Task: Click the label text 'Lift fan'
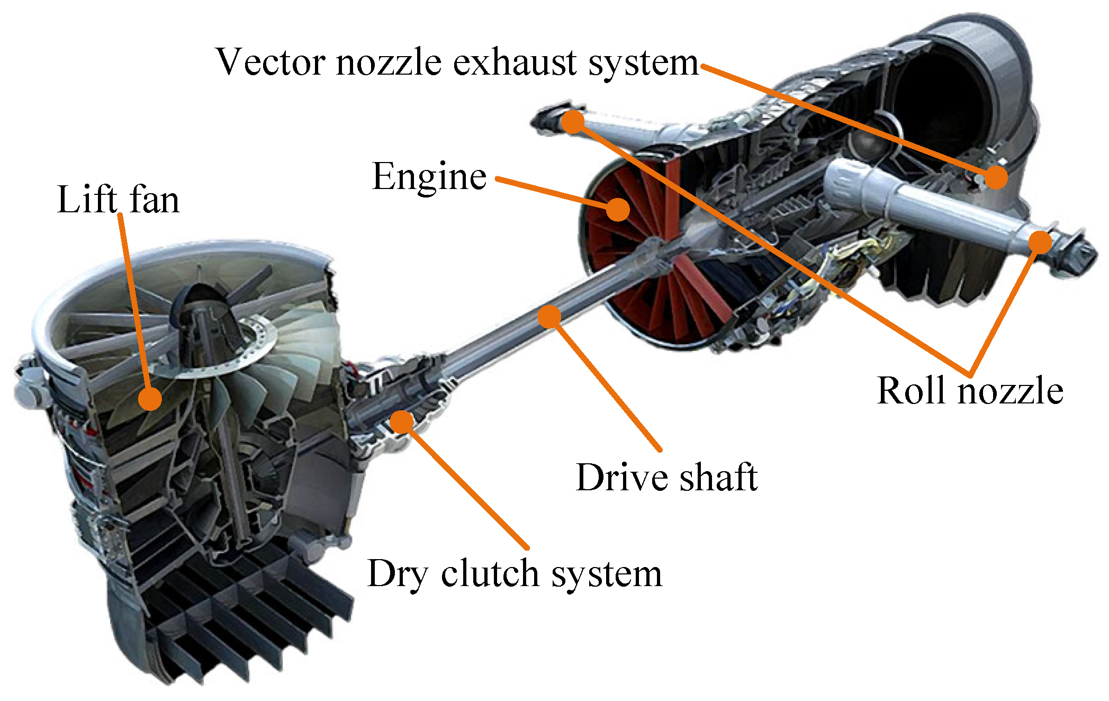pyautogui.click(x=118, y=200)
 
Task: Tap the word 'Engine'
pyautogui.click(x=429, y=177)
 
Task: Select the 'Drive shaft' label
pyautogui.click(x=666, y=478)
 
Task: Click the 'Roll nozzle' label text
pyautogui.click(x=970, y=391)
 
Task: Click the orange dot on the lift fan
pyautogui.click(x=150, y=398)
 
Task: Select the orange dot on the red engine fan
pyautogui.click(x=617, y=209)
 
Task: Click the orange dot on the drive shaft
pyautogui.click(x=549, y=316)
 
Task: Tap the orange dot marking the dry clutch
pyautogui.click(x=402, y=421)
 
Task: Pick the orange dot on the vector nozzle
pyautogui.click(x=996, y=177)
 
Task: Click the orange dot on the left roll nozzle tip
pyautogui.click(x=572, y=122)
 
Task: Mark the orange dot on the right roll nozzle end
pyautogui.click(x=1041, y=242)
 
